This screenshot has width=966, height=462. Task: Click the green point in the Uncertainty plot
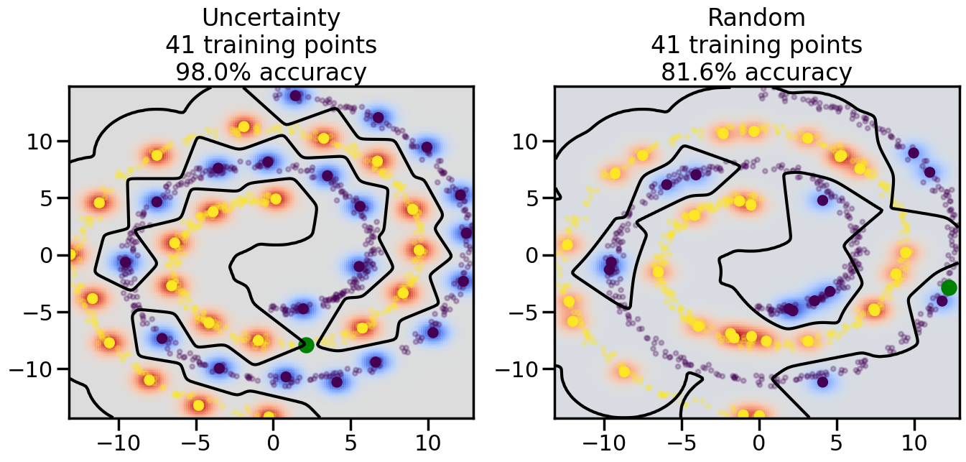307,345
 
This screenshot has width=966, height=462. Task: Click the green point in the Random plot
949,287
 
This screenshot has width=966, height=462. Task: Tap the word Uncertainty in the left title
271,18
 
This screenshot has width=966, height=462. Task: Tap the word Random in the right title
756,18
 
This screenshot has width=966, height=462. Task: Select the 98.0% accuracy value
208,73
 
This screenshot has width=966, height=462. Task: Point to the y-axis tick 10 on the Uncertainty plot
42,141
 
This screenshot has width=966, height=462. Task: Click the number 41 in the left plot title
180,45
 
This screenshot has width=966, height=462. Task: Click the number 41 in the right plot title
666,45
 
